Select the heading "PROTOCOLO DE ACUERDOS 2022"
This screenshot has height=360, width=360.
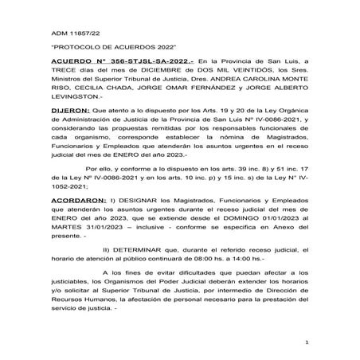click(99, 49)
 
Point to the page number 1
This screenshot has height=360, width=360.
click(306, 342)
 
